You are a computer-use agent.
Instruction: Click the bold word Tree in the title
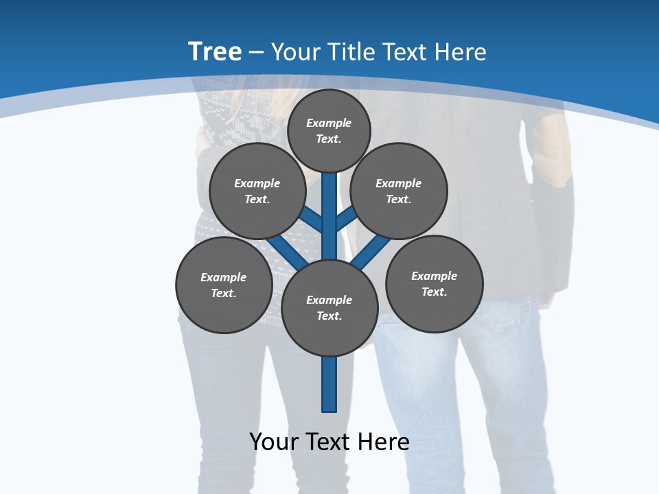[215, 51]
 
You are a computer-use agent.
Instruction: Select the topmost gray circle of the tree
[329, 130]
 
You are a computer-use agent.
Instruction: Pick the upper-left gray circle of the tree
[257, 191]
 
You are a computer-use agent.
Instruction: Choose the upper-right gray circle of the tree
[399, 191]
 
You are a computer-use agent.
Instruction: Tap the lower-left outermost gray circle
[224, 285]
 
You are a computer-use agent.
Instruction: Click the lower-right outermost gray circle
[435, 283]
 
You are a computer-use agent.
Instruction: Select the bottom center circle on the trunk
[329, 308]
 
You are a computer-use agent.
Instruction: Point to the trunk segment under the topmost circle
[329, 206]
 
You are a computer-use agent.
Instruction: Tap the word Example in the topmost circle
[329, 123]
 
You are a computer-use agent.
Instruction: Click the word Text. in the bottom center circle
[329, 316]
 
